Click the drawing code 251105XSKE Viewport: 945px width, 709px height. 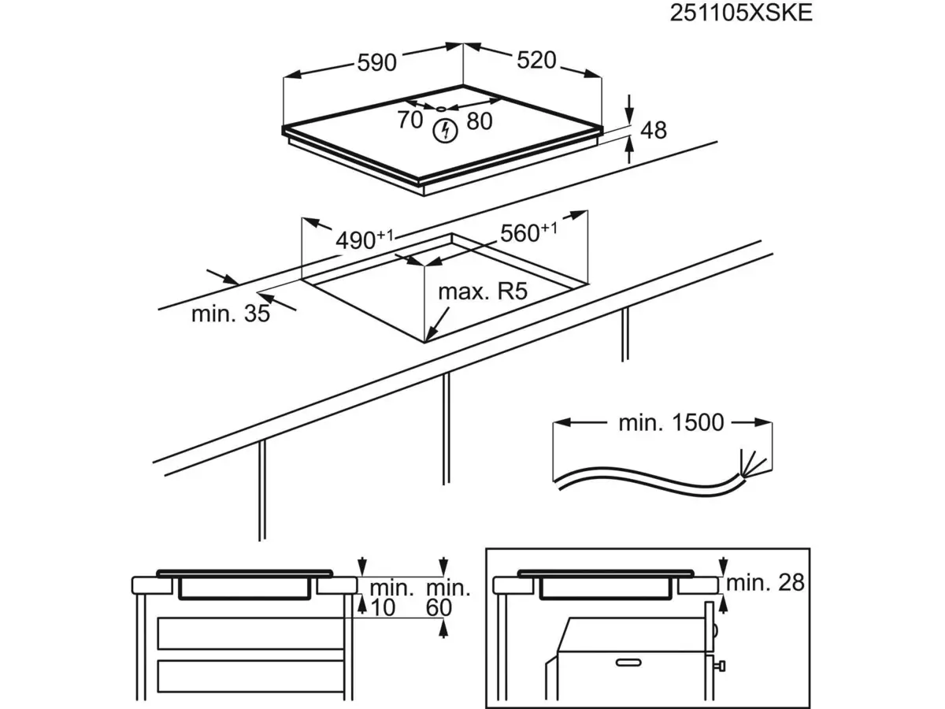(x=740, y=13)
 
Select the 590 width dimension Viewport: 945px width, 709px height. (x=376, y=63)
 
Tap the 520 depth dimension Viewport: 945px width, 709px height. (x=536, y=61)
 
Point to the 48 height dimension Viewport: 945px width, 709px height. (x=654, y=130)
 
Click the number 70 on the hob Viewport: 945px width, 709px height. (x=409, y=120)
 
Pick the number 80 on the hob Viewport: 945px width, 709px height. (x=479, y=121)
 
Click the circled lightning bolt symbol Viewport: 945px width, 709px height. (x=446, y=131)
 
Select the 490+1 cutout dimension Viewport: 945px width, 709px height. (x=365, y=239)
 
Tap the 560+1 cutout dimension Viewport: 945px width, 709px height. (x=528, y=232)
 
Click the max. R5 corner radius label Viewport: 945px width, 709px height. (x=483, y=291)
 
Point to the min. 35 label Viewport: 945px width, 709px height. (x=231, y=314)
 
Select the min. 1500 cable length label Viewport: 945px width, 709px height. (x=671, y=423)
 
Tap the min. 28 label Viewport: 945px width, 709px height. (x=765, y=583)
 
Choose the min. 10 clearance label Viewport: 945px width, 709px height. (x=391, y=598)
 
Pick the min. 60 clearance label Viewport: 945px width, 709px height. (x=448, y=598)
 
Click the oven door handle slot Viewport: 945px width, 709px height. (x=628, y=663)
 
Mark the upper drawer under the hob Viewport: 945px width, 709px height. (x=250, y=633)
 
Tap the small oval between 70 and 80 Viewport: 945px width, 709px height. (x=441, y=109)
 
